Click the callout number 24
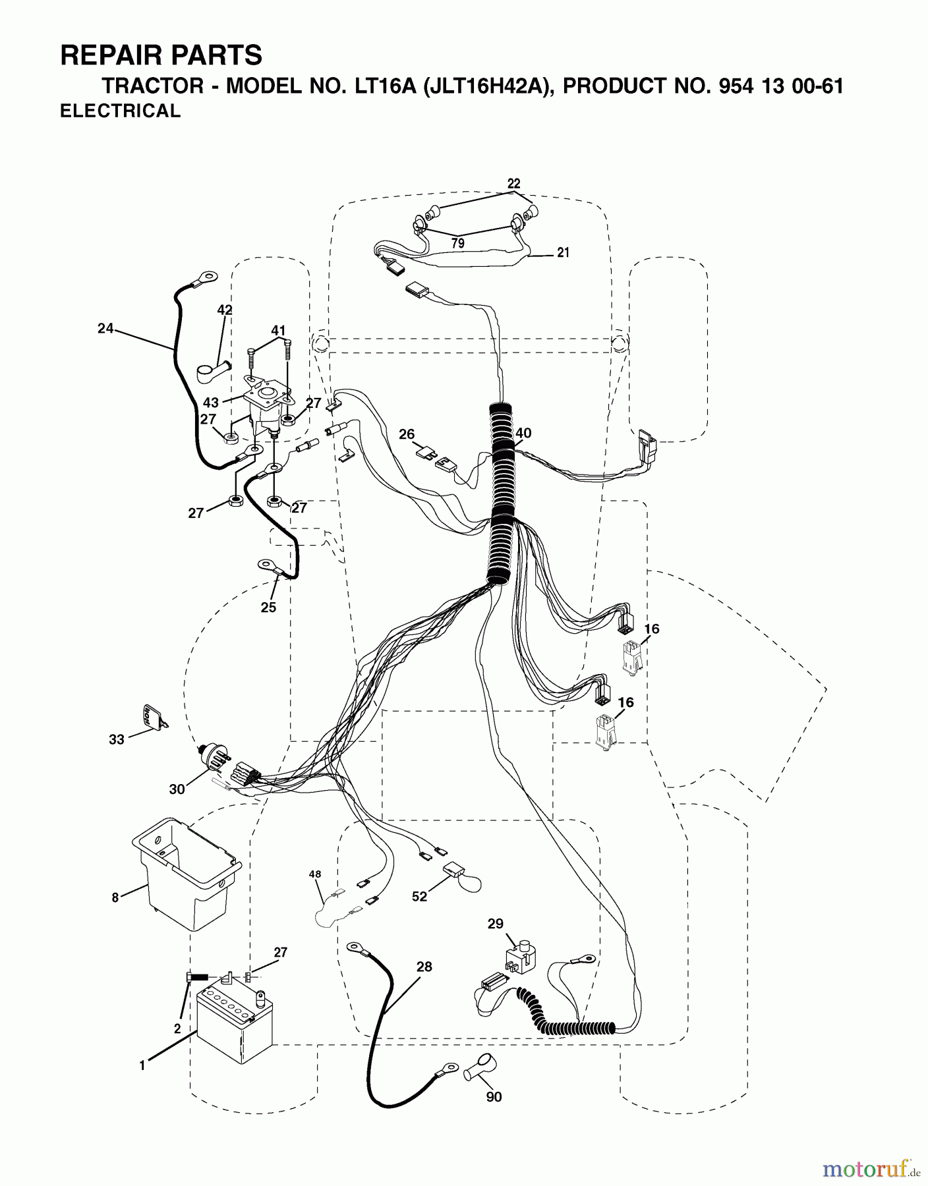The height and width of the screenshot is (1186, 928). click(x=105, y=328)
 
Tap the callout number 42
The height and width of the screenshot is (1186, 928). click(x=225, y=310)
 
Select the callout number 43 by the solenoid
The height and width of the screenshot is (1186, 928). click(x=211, y=402)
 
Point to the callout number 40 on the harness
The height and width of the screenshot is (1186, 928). click(x=523, y=433)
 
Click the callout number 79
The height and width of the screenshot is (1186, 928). click(x=457, y=243)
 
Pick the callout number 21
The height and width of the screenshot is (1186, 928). click(x=563, y=252)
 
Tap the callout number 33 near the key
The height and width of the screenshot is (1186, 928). click(x=117, y=740)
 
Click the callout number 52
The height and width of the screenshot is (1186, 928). click(x=419, y=896)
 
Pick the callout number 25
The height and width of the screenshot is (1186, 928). click(x=268, y=607)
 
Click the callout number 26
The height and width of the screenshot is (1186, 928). click(x=407, y=434)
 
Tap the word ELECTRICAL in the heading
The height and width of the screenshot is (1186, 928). click(x=120, y=111)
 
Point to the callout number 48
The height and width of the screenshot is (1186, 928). click(x=315, y=874)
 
